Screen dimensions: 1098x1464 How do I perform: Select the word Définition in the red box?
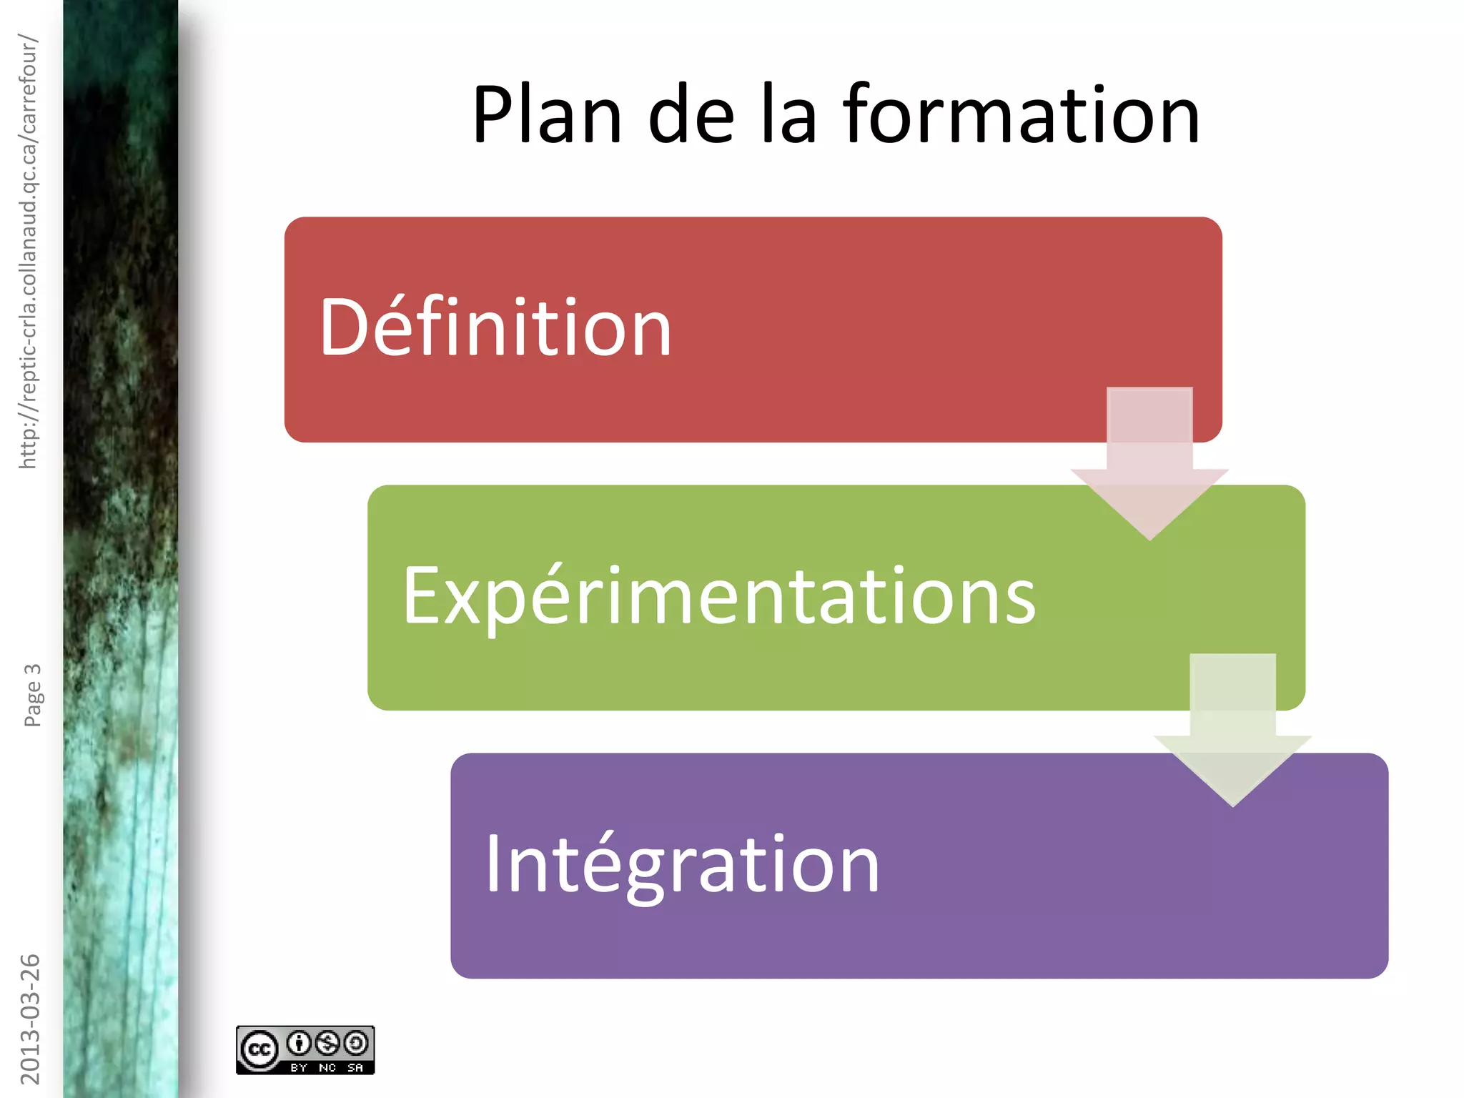click(495, 327)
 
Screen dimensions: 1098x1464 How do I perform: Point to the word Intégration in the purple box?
click(682, 865)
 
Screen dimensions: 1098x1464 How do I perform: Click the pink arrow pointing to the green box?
click(1149, 465)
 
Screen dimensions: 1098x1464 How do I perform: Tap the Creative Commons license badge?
click(305, 1049)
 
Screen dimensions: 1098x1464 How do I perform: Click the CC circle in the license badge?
click(259, 1049)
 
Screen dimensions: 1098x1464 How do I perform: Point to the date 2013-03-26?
click(30, 1019)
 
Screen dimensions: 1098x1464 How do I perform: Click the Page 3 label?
click(33, 695)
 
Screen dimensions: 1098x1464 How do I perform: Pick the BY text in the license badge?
click(299, 1067)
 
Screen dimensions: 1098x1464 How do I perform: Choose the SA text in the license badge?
click(355, 1067)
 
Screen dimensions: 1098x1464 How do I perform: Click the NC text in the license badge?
click(327, 1067)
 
